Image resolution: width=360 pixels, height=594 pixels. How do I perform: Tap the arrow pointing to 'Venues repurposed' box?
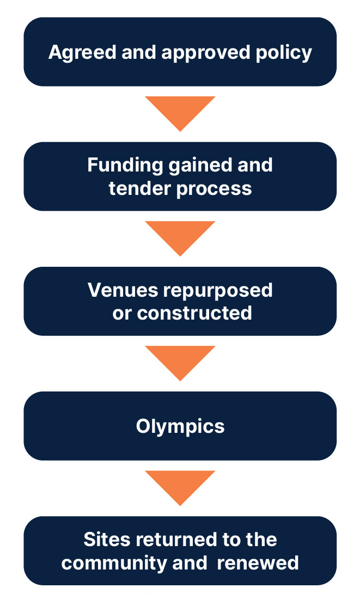(x=180, y=237)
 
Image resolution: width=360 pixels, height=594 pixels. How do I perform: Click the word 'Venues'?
(x=123, y=290)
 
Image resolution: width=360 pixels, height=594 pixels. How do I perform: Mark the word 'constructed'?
(x=194, y=313)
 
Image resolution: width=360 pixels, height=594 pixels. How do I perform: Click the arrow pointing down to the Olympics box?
(x=180, y=362)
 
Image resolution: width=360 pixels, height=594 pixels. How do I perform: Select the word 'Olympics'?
(x=180, y=426)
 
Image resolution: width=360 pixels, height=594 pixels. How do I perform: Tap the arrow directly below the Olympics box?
(x=180, y=487)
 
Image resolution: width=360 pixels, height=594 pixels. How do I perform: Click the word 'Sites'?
(x=106, y=540)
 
